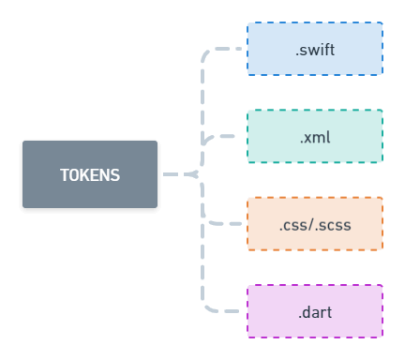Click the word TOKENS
90,175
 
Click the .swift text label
315,51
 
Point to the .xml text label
315,138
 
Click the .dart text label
315,312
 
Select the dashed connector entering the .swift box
230,49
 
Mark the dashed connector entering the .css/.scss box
227,224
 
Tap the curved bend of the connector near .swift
204,54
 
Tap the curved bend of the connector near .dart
204,306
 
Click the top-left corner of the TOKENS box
24,142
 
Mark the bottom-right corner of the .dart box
382,337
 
